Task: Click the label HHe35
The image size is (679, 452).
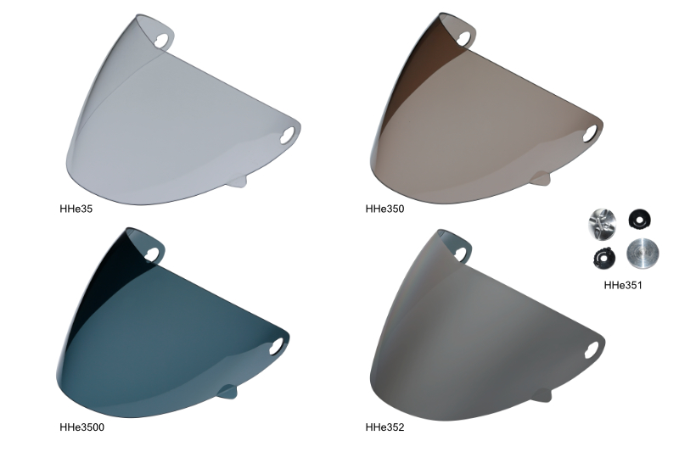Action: pos(76,209)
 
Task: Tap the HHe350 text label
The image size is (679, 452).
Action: pos(384,209)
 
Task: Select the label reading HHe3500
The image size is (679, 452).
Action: pos(81,427)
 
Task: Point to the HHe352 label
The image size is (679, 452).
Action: pos(384,427)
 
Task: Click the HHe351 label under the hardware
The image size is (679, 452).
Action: pos(623,286)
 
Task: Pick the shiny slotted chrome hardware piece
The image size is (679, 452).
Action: pos(602,223)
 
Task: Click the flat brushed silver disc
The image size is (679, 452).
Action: pos(643,254)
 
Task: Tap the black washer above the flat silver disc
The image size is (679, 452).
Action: pos(639,218)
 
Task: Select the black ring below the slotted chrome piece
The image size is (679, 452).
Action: pos(604,258)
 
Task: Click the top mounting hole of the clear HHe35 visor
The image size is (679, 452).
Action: pos(162,40)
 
